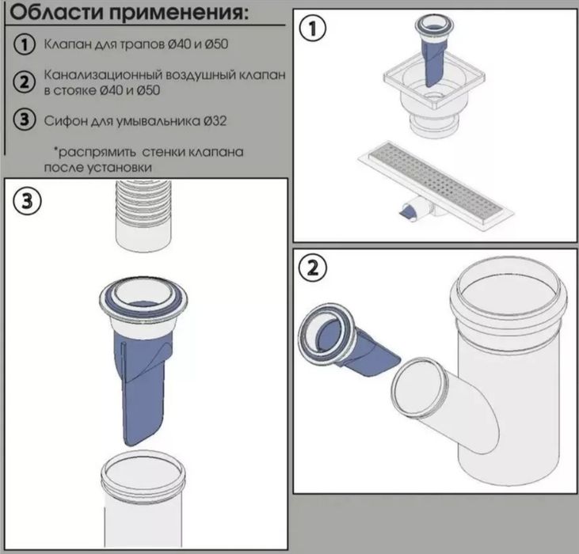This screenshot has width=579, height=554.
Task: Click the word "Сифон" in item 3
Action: click(64, 120)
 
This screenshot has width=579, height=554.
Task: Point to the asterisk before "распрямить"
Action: click(56, 149)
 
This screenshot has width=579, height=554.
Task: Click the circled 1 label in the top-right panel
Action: click(313, 31)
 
